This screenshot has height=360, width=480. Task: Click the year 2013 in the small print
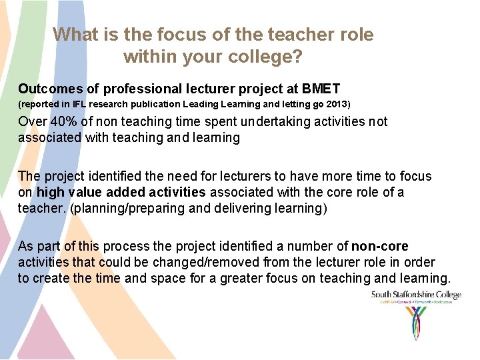coord(336,105)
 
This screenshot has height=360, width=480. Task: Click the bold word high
coord(50,193)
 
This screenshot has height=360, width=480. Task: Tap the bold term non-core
coord(380,247)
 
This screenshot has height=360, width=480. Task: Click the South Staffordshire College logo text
coord(416,295)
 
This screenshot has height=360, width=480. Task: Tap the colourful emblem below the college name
coord(416,323)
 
